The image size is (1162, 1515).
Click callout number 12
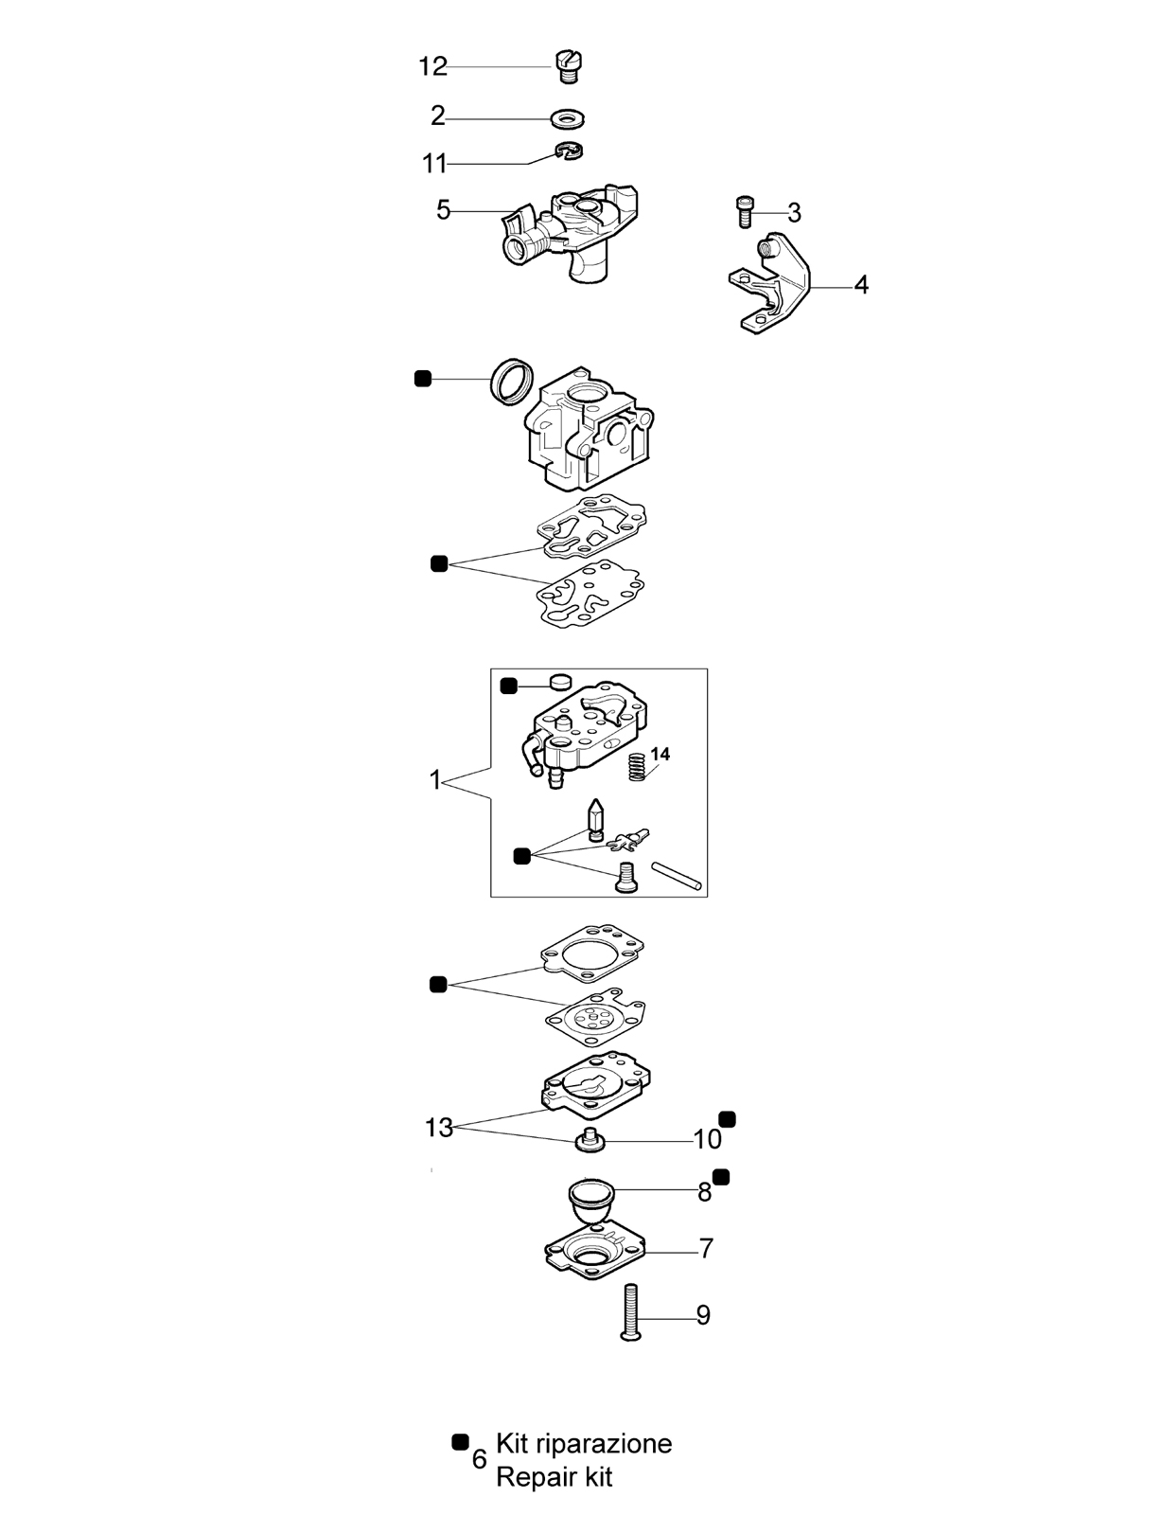pos(431,67)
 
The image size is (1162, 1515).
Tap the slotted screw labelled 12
pos(570,67)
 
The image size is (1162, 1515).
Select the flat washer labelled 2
pos(567,118)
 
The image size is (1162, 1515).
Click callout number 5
pos(443,210)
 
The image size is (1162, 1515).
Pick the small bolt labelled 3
pos(744,210)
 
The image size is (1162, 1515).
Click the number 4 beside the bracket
pos(861,284)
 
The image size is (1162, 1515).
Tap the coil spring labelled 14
pos(636,765)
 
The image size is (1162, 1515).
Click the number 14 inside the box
pos(660,754)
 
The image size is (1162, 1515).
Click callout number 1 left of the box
pos(434,780)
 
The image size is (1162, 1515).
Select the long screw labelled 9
pos(630,1312)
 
